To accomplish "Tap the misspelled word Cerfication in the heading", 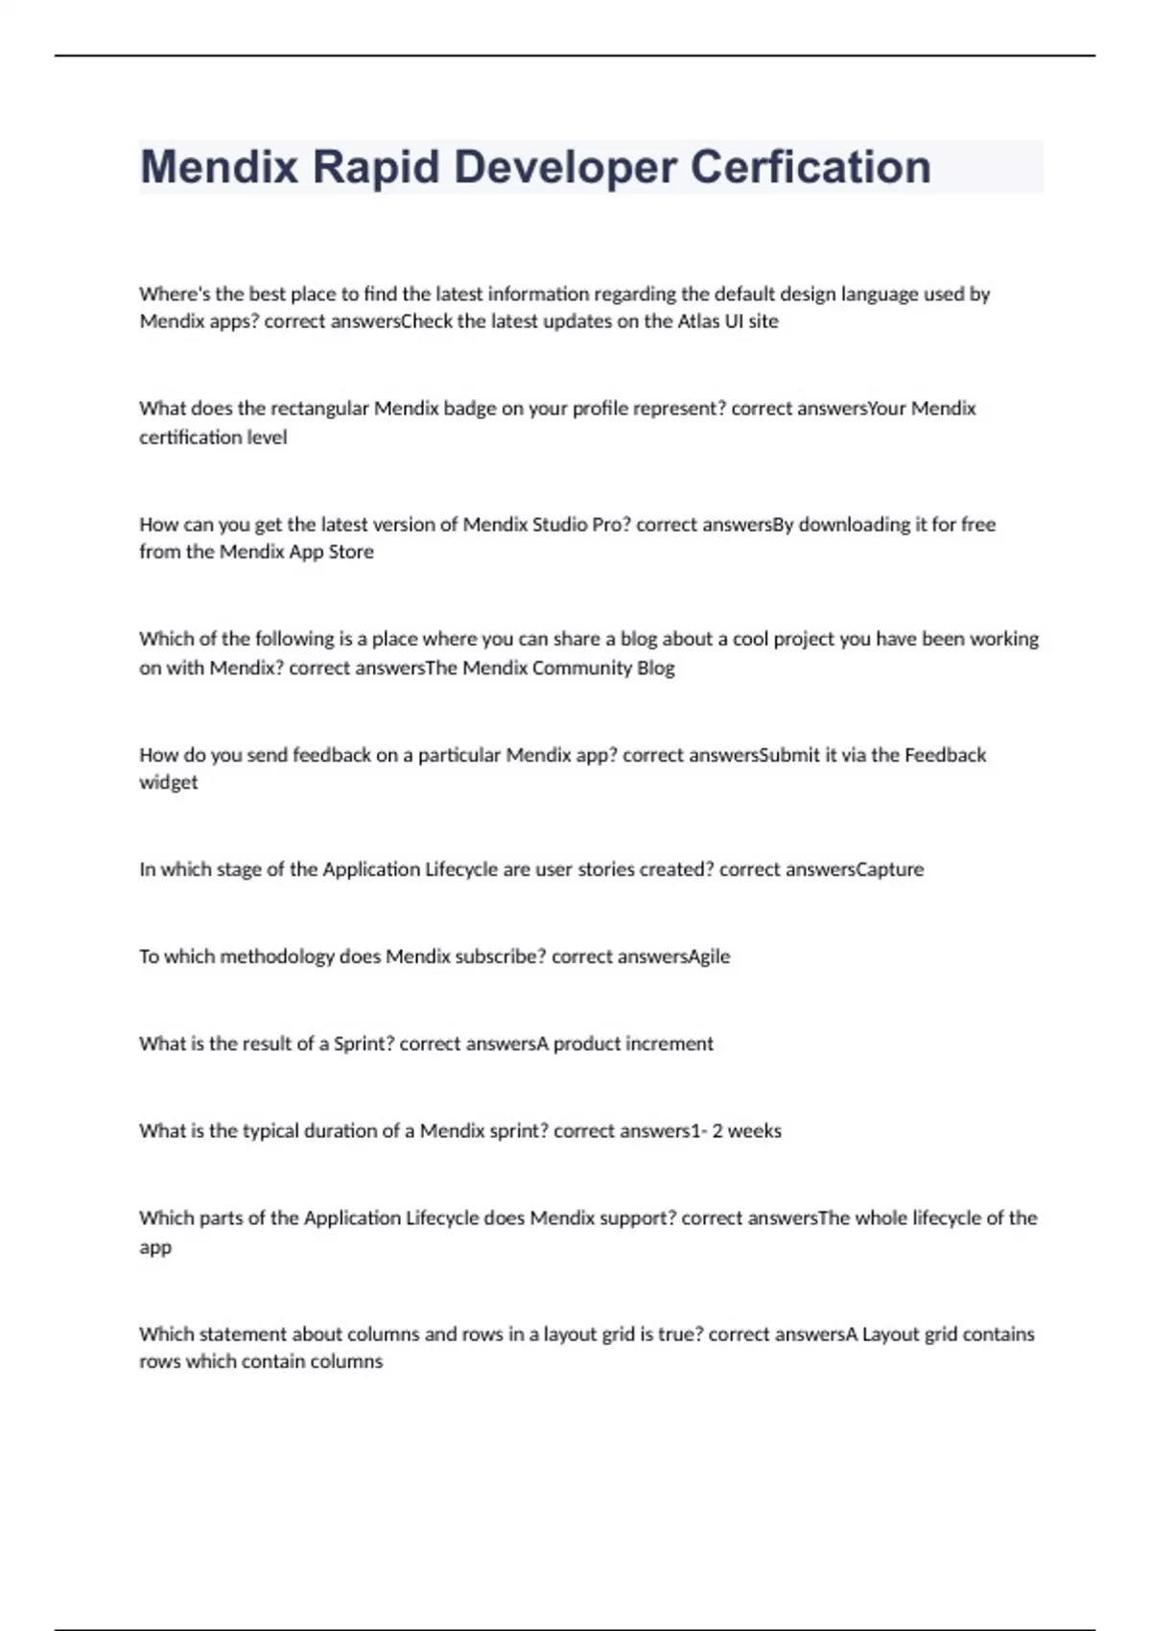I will [x=810, y=168].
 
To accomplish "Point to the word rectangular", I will [x=319, y=409].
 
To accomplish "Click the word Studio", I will [x=559, y=525].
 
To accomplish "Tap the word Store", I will [x=350, y=553].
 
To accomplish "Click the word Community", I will [x=581, y=668].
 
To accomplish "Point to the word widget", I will [x=169, y=783].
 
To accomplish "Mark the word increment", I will [x=669, y=1044].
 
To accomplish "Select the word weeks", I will [x=754, y=1131].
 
